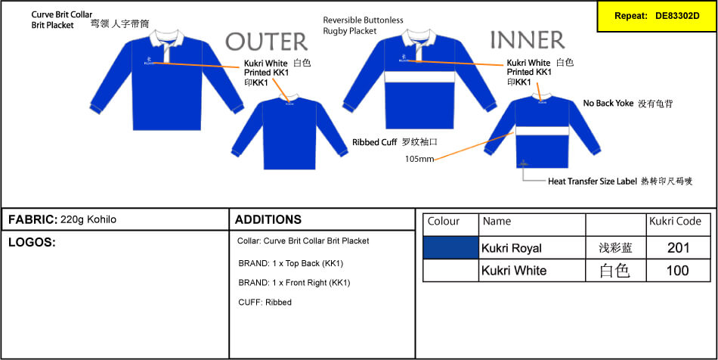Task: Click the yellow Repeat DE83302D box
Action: click(x=657, y=16)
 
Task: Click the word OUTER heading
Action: click(x=267, y=42)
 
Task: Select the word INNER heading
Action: click(x=528, y=40)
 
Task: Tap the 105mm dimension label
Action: click(x=419, y=160)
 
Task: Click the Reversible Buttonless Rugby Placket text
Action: click(x=363, y=26)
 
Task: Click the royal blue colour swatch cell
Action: click(x=450, y=248)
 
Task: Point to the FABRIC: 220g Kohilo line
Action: click(x=62, y=220)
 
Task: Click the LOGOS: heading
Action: click(x=32, y=243)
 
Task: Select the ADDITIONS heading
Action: click(x=268, y=219)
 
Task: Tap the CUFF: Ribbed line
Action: click(x=265, y=303)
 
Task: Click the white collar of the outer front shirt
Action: click(x=167, y=38)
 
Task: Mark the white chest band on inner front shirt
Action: click(x=419, y=76)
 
